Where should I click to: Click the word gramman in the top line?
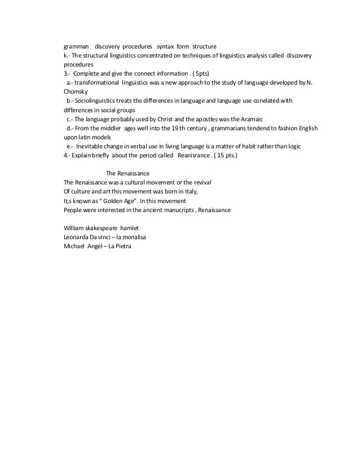[76, 46]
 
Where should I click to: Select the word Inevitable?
[95, 147]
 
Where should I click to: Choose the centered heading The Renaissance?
[128, 174]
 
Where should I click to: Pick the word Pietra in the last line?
[118, 247]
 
